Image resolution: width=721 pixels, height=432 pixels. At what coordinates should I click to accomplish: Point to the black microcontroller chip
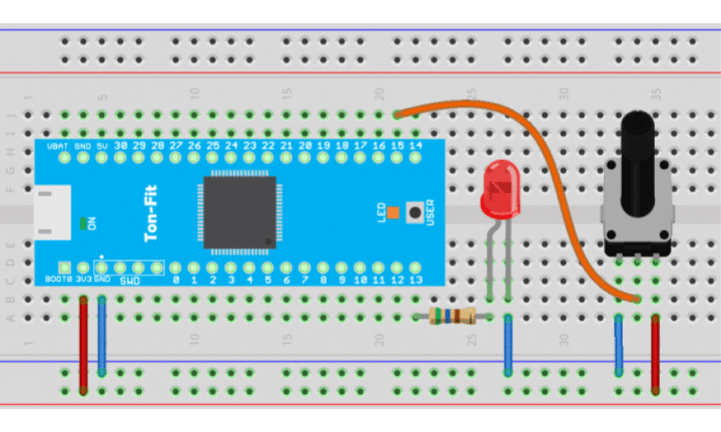click(x=240, y=213)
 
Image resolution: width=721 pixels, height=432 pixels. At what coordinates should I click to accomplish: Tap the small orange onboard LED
click(x=393, y=210)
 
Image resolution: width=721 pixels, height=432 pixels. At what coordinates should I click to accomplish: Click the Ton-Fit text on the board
click(x=153, y=215)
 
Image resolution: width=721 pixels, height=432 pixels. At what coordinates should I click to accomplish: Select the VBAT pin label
click(x=58, y=147)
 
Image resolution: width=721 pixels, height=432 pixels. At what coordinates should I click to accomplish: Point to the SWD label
click(x=129, y=280)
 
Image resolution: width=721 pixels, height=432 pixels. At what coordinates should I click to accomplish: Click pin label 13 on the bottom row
click(x=416, y=280)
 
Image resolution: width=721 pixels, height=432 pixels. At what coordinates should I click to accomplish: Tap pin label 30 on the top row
click(x=120, y=147)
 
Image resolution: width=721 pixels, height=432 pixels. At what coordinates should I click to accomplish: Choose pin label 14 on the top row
click(x=416, y=147)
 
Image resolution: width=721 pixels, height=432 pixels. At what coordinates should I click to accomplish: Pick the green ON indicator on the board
click(x=82, y=224)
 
